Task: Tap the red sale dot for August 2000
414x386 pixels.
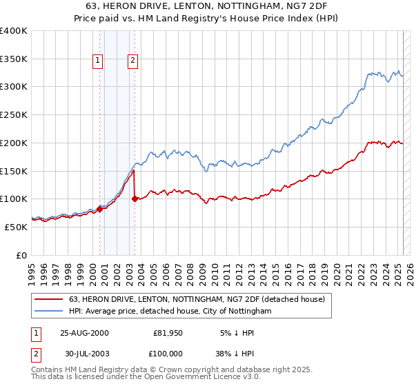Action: coord(99,210)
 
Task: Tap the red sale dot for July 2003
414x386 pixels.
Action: coord(135,199)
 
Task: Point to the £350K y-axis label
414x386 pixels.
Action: coord(13,59)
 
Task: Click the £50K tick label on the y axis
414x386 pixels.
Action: coord(16,227)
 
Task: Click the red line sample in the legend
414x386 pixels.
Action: coord(49,299)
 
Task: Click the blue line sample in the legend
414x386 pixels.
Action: coord(49,312)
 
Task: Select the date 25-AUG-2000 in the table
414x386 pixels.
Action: coord(85,333)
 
